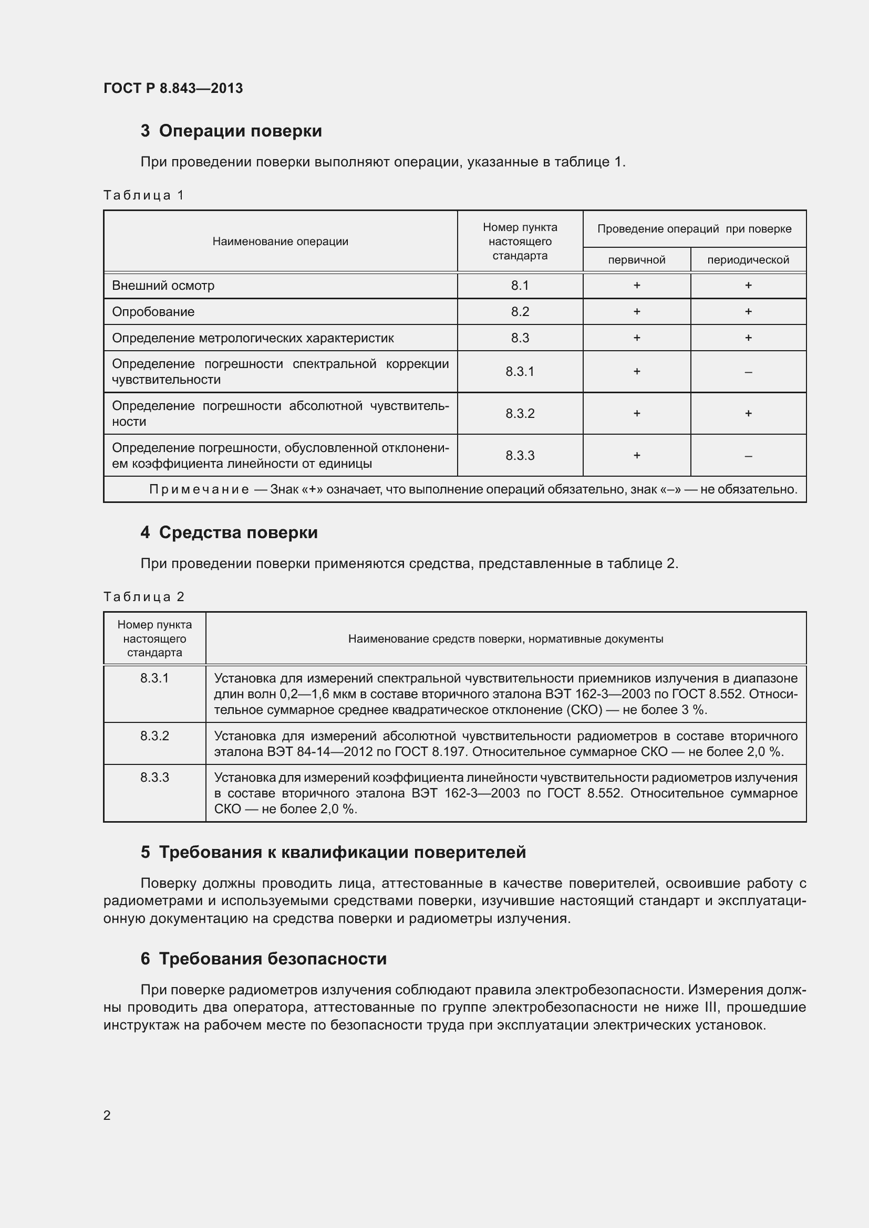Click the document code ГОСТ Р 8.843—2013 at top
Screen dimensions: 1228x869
click(173, 88)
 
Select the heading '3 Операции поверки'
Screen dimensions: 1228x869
click(231, 131)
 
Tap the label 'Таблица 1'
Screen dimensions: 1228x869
click(143, 195)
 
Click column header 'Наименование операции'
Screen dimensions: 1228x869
click(280, 241)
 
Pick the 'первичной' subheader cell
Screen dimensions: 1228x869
click(636, 260)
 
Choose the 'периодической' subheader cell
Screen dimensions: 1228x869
click(748, 260)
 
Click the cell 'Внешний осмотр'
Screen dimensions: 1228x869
click(163, 286)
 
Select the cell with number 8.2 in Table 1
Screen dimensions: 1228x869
click(520, 312)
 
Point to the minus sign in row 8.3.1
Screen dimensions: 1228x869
click(748, 372)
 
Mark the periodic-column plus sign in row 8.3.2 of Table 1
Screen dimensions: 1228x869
click(748, 413)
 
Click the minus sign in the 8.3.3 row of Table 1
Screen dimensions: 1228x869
click(748, 456)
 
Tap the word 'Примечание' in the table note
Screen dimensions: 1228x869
click(199, 489)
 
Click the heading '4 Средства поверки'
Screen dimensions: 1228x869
click(229, 533)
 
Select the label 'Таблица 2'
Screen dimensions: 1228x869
click(143, 597)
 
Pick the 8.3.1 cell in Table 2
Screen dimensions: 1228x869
click(154, 678)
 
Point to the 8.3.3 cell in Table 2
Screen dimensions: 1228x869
click(154, 778)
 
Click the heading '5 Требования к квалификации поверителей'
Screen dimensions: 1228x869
click(333, 853)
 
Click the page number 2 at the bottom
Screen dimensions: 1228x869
click(107, 1115)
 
